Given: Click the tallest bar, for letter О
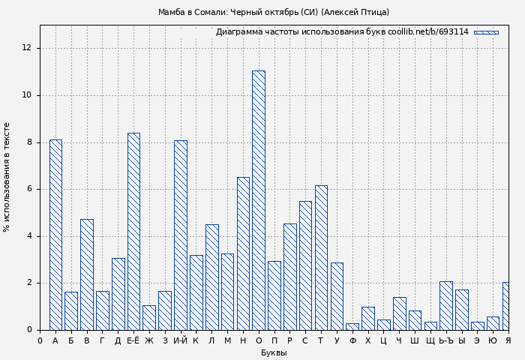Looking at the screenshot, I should [x=258, y=200].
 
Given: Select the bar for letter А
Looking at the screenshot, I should [x=55, y=235].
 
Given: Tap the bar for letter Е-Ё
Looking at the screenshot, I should [x=133, y=231].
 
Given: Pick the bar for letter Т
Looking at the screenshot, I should [x=321, y=257].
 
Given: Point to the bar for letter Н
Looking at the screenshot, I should [x=243, y=253].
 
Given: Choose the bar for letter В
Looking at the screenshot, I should [x=87, y=274].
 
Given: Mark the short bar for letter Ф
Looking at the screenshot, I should [x=352, y=326].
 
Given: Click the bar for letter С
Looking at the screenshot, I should [x=305, y=265].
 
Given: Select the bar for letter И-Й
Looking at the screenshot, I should [x=181, y=235].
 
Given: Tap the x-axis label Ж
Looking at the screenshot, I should [x=149, y=340].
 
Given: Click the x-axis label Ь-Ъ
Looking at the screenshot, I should [x=446, y=340].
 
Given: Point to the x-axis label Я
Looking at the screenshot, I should [x=508, y=340].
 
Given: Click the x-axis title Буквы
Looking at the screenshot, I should [x=274, y=352].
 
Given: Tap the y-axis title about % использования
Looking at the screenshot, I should [x=7, y=177].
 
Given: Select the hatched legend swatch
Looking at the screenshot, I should [x=486, y=32].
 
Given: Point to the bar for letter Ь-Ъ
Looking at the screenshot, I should [x=446, y=306].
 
